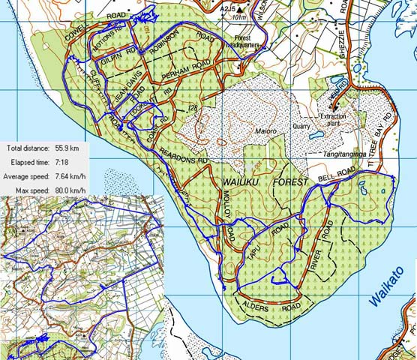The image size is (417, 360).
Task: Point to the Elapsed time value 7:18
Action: (61, 163)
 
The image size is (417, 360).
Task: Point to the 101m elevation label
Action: (239, 16)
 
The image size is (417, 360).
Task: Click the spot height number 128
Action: (193, 109)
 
